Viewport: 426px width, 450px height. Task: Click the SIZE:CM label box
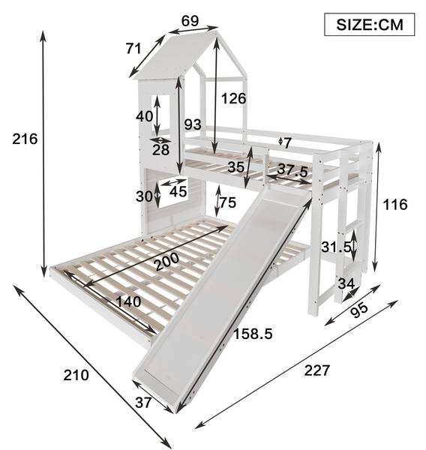click(x=370, y=25)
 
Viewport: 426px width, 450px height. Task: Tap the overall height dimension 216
click(x=25, y=139)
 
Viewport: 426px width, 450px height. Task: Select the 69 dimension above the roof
click(x=190, y=21)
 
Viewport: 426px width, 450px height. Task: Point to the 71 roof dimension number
click(x=133, y=49)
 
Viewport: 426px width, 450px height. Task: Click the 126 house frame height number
click(x=234, y=99)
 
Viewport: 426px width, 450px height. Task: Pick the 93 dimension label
click(x=193, y=124)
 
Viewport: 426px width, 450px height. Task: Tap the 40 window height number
click(x=145, y=116)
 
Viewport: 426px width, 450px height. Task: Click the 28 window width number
click(x=160, y=150)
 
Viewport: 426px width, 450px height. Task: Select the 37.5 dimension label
click(x=292, y=171)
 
